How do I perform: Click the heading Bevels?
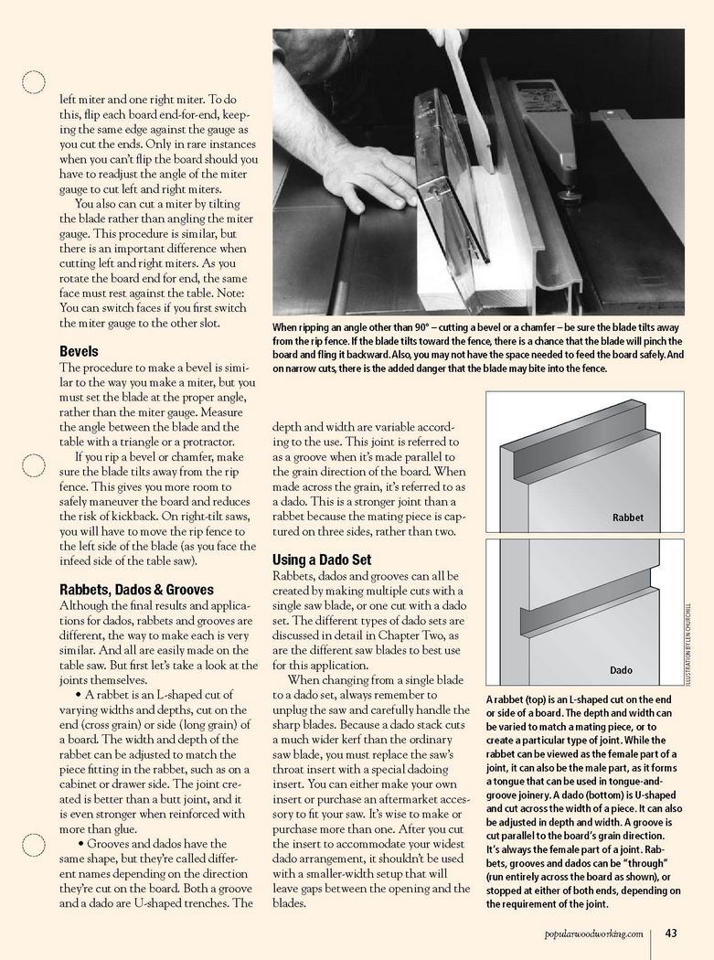(79, 351)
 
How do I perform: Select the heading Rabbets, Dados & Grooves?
(136, 590)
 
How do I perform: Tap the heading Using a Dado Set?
(322, 560)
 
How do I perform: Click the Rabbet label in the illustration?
(628, 517)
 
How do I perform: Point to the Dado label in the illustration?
(621, 670)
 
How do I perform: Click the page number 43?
(670, 933)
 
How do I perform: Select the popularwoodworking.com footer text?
(593, 933)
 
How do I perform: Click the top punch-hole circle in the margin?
(34, 82)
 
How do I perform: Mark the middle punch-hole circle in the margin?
(34, 465)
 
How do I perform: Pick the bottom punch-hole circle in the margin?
(34, 845)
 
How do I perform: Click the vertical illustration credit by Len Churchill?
(688, 643)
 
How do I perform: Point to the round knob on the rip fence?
(570, 196)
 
